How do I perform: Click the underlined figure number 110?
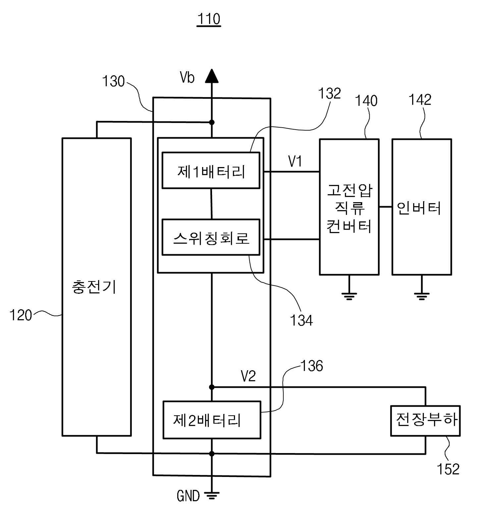coord(209,19)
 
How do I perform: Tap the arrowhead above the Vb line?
coord(212,76)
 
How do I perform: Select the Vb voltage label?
coord(187,78)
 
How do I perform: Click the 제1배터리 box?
coord(211,170)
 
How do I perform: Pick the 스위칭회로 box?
coord(211,237)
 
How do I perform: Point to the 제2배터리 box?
coord(212,420)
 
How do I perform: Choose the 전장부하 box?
coord(425,421)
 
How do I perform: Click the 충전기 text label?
coord(94,287)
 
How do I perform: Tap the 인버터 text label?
coord(419,208)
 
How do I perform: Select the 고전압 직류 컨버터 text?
coord(349,208)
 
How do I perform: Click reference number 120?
coord(21,315)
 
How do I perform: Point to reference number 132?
coord(329,93)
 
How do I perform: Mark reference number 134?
coord(301,320)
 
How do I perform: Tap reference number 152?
coord(448,469)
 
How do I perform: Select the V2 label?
coord(248,376)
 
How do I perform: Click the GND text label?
coord(188,496)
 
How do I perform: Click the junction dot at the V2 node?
coord(212,387)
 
